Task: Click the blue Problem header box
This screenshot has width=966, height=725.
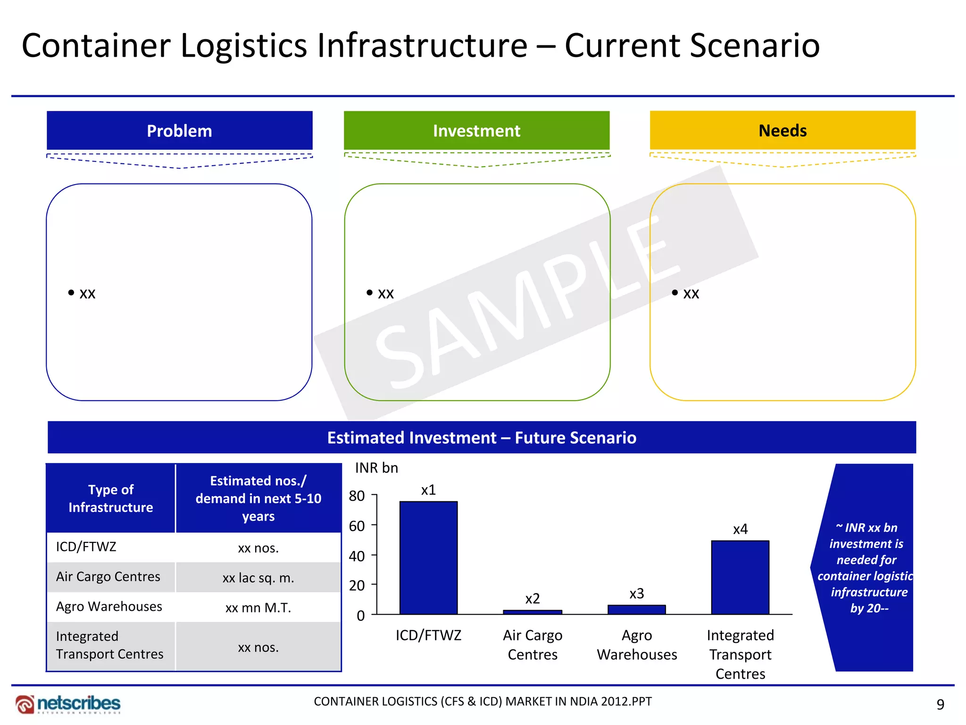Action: [179, 131]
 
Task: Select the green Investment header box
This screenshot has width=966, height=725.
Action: [476, 131]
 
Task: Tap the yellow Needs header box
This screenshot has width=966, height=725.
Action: [783, 131]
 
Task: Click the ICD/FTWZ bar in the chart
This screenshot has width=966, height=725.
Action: [428, 557]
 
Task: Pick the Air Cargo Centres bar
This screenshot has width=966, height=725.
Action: [533, 612]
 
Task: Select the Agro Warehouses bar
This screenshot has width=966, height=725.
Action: [636, 609]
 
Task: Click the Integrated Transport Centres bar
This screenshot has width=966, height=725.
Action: [740, 577]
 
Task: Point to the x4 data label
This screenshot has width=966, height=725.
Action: [740, 529]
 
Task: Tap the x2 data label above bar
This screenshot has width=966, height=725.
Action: [533, 599]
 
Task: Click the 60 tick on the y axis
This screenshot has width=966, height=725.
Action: [357, 526]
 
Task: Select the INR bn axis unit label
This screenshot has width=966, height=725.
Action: [376, 468]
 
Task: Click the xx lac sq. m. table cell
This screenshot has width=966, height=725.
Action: [258, 578]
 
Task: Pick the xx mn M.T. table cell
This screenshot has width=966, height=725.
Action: [258, 607]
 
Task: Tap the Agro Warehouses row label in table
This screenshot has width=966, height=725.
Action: [109, 607]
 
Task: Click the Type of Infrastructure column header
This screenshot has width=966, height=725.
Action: [111, 498]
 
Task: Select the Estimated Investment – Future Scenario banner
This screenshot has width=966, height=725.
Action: [482, 438]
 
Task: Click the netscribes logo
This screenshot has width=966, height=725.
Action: [68, 704]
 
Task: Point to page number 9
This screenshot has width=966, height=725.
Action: [940, 704]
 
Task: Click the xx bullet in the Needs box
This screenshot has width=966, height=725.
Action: [691, 294]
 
